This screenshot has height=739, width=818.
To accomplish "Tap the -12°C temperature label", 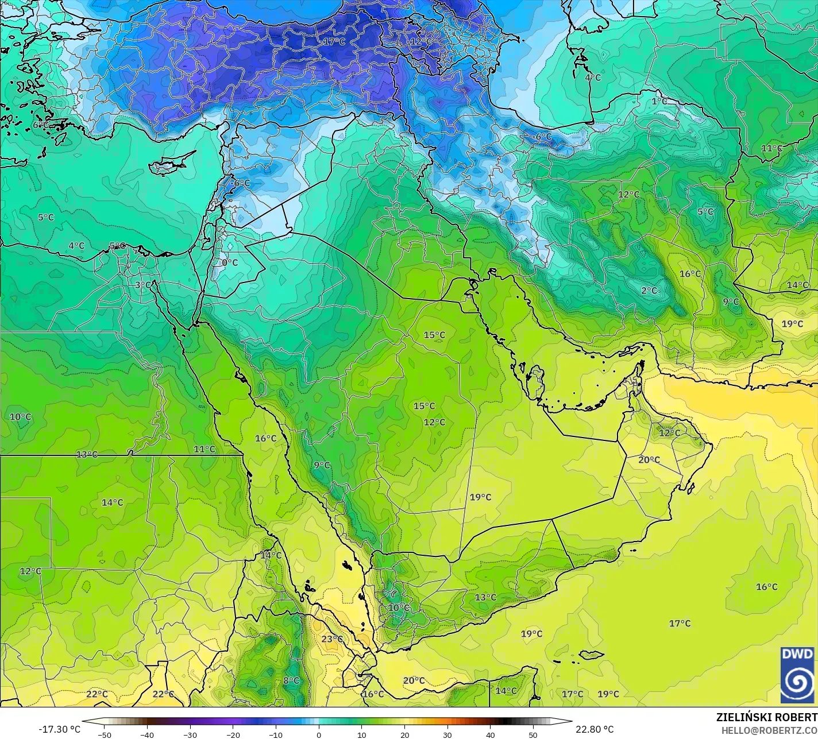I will click(420, 41).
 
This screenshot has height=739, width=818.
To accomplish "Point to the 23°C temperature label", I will click(332, 639).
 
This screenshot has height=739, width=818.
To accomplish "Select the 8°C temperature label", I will click(291, 680).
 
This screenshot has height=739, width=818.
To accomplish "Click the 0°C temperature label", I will click(230, 262).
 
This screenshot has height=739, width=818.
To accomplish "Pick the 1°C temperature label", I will click(659, 101).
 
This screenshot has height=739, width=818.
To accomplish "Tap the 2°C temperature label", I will click(649, 291).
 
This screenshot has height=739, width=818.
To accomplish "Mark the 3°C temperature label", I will click(143, 285).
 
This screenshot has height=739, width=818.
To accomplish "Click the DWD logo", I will click(797, 675).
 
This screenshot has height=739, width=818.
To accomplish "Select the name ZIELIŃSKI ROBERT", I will click(766, 717).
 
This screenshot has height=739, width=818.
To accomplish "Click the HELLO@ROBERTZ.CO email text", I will click(769, 730).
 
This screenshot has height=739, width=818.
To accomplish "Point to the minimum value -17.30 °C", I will click(60, 729).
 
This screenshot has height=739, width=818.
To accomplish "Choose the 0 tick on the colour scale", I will click(319, 734).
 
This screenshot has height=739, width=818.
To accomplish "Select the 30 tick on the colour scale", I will click(447, 734).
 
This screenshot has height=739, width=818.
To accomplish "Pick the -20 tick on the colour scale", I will click(233, 734).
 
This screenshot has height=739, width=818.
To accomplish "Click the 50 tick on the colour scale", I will click(533, 734).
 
